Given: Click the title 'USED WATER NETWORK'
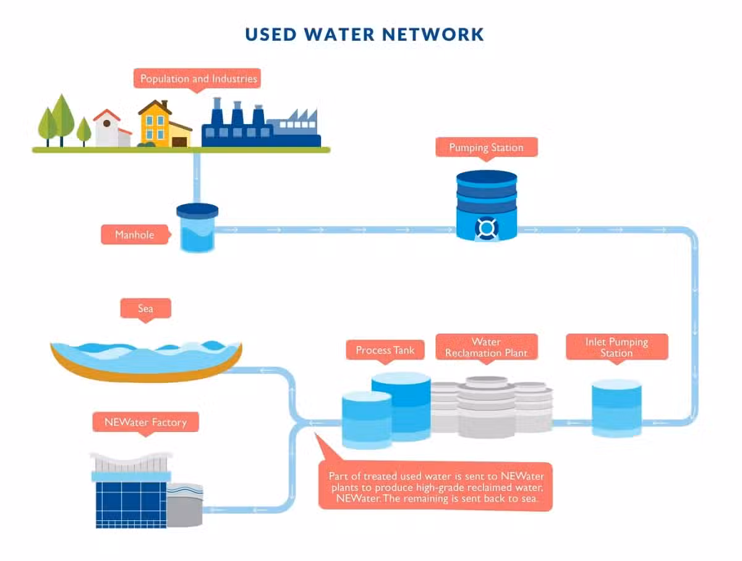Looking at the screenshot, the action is (x=364, y=35).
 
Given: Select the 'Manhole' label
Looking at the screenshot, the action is (x=135, y=234).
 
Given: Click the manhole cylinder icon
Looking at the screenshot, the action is (x=197, y=228).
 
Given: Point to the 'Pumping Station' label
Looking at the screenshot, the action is (x=487, y=148).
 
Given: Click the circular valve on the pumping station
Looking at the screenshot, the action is (x=487, y=228).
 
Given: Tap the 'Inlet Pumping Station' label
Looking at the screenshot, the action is (x=617, y=347).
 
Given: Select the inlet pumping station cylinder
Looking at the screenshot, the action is (x=616, y=408).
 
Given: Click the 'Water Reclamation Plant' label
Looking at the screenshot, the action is (x=487, y=347).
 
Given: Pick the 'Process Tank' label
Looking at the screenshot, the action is (x=385, y=350).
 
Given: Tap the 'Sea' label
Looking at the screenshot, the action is (x=146, y=308).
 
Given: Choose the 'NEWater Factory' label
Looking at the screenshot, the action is (x=146, y=422).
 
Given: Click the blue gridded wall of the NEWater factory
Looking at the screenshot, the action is (x=131, y=505).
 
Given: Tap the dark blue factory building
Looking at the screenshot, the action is (x=261, y=123).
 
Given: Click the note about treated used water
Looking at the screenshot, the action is (x=436, y=487).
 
